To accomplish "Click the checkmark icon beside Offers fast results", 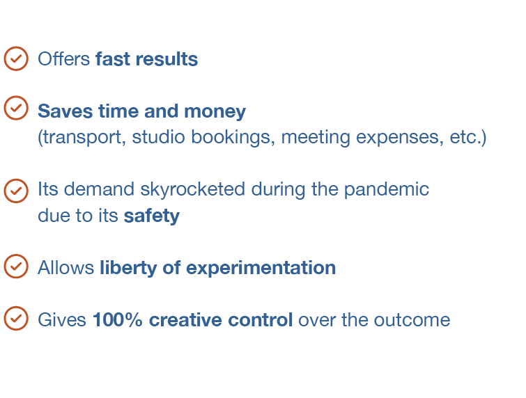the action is (x=16, y=58).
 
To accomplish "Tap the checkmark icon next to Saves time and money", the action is (x=16, y=108).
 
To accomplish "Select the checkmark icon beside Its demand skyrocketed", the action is (x=16, y=191).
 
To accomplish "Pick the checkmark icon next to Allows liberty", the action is (x=16, y=266).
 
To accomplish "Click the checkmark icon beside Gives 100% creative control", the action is (x=16, y=318).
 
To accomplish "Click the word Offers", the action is (x=63, y=59).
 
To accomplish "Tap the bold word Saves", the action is (x=65, y=111).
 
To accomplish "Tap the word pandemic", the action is (x=387, y=190).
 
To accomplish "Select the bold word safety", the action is (x=152, y=216).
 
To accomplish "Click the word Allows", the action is (x=65, y=268).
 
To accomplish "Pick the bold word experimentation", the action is (x=261, y=269).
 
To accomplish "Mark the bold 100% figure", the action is (x=118, y=320).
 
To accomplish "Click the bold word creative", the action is (x=185, y=320).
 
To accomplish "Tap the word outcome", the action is (x=412, y=321).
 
